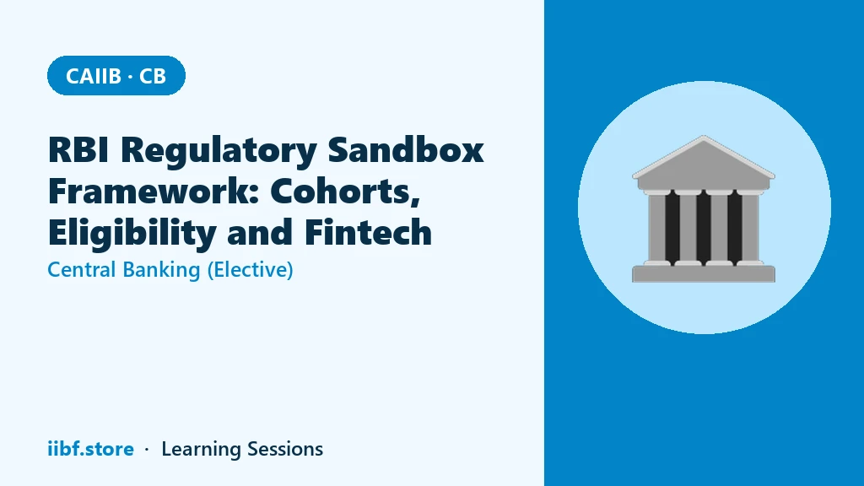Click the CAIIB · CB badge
pyautogui.click(x=116, y=75)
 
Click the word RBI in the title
pyautogui.click(x=78, y=149)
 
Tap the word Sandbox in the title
pyautogui.click(x=406, y=149)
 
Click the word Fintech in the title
pyautogui.click(x=368, y=232)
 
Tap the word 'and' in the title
pyautogui.click(x=260, y=232)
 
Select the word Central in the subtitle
pyautogui.click(x=82, y=270)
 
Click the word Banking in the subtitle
pyautogui.click(x=161, y=271)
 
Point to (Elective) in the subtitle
pyautogui.click(x=250, y=271)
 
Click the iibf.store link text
pyautogui.click(x=90, y=449)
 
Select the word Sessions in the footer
pyautogui.click(x=285, y=449)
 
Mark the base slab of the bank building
pyautogui.click(x=704, y=274)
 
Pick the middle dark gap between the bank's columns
pyautogui.click(x=704, y=228)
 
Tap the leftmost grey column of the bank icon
pyautogui.click(x=656, y=228)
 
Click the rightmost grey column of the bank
pyautogui.click(x=750, y=228)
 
